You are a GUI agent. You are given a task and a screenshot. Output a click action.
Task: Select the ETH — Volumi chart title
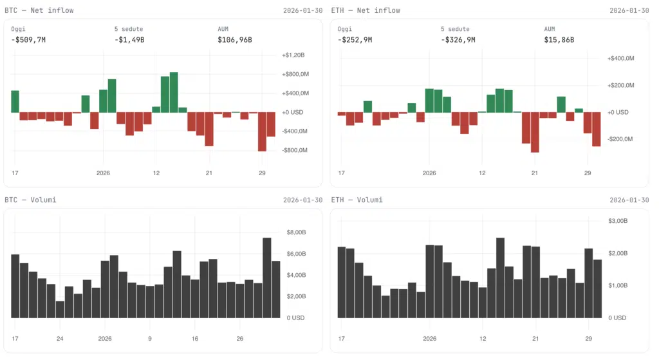[x=357, y=200]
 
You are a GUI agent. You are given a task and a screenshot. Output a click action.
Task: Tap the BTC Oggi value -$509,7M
[x=28, y=40]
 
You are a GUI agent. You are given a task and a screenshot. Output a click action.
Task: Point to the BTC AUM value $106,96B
[x=234, y=40]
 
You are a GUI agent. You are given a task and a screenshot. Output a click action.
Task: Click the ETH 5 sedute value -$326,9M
[x=458, y=40]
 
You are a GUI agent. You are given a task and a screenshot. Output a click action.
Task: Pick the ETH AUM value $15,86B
[x=559, y=40]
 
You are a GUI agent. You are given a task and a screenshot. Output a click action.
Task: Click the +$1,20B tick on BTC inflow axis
[x=297, y=55]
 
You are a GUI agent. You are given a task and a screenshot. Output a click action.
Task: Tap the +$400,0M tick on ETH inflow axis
[x=621, y=59]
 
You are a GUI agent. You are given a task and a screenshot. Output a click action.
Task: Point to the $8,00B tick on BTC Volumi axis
[x=299, y=232]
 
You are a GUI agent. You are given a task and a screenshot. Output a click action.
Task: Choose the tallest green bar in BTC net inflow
[x=174, y=92]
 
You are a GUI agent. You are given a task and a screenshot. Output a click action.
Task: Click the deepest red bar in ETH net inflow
[x=535, y=132]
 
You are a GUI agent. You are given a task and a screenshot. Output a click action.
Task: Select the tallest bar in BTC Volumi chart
[x=266, y=278]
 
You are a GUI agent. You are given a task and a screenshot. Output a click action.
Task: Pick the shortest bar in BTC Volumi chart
[x=60, y=309]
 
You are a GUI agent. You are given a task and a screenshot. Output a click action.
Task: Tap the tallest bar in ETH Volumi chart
[x=500, y=278]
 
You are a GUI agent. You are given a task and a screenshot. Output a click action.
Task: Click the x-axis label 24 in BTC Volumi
[x=60, y=338]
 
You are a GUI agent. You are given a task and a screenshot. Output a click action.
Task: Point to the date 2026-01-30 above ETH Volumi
[x=629, y=200]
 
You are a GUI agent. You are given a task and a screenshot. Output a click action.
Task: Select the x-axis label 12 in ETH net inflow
[x=483, y=173]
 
